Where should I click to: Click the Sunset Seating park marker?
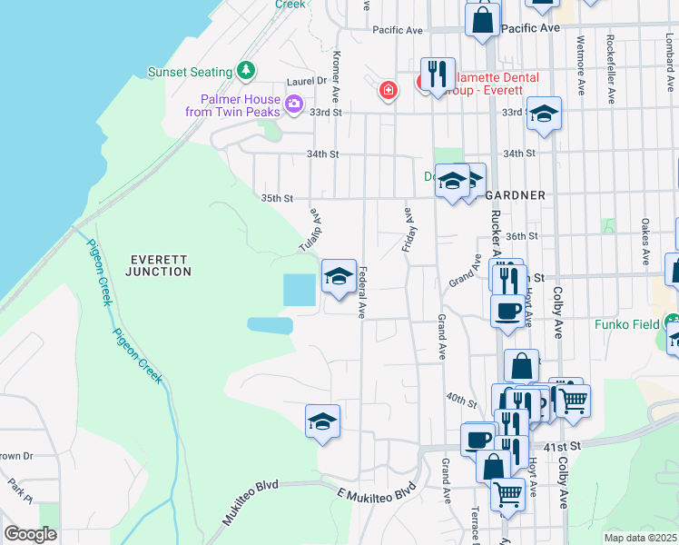coord(245,70)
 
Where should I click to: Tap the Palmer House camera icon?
coord(293,104)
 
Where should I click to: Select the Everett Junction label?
coord(159,264)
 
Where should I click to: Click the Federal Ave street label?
coord(361,292)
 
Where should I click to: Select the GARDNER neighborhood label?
coord(515,195)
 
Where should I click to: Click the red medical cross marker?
coord(389,91)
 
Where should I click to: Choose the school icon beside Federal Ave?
coord(339,276)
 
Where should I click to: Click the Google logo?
coord(30,534)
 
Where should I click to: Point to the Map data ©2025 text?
coord(639,538)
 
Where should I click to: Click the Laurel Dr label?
coord(310,81)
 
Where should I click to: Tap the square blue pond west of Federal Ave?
coord(298,290)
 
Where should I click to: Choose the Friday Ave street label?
coord(407,227)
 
